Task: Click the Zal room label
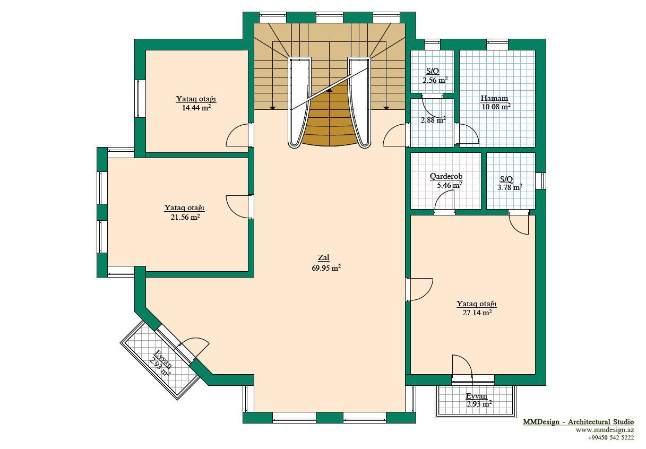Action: tap(324, 257)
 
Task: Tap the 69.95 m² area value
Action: tap(326, 268)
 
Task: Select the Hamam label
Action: tap(494, 98)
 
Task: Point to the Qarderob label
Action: tap(446, 176)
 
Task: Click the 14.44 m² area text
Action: tap(196, 108)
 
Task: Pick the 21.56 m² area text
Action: tap(185, 217)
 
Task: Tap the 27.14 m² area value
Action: tap(477, 313)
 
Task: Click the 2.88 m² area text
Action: tap(433, 120)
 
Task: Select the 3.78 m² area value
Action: tap(510, 187)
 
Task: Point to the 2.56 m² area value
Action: tap(435, 80)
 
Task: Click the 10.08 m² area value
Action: tap(496, 107)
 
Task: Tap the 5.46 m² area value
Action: tap(450, 185)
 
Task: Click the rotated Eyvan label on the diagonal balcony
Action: tap(163, 359)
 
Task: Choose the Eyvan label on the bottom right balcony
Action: tap(477, 396)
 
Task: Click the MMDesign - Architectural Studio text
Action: tap(579, 422)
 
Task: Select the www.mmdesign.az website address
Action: tap(605, 430)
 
